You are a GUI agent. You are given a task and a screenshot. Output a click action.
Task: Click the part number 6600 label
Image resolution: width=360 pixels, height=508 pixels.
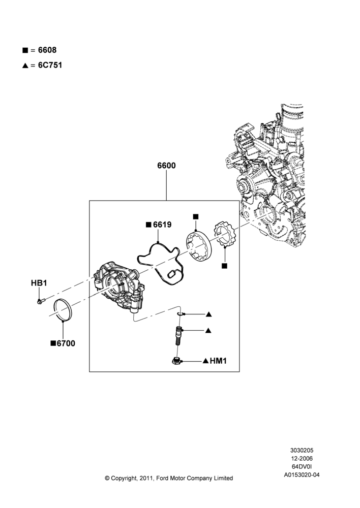coord(166,166)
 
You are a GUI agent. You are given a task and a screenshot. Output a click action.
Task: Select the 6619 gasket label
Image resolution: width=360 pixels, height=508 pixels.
coord(162,225)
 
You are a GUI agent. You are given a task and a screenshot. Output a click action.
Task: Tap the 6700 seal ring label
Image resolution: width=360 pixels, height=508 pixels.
coord(66,343)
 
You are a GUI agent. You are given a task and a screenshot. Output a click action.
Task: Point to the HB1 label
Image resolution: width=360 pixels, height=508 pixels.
coord(39,283)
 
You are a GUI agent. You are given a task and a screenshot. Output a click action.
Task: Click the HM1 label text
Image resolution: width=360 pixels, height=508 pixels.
coord(218,361)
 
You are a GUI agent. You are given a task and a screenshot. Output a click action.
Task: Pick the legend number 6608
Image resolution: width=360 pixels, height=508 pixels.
coord(47,50)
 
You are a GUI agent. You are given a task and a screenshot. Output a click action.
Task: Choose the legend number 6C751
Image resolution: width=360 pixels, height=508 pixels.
coord(50,65)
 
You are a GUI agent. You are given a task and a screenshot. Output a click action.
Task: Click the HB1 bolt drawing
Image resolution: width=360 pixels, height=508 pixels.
coord(41,301)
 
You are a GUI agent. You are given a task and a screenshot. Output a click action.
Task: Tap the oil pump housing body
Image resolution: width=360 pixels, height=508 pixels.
coord(118,286)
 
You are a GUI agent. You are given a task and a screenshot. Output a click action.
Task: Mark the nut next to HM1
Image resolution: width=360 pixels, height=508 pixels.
coord(176,361)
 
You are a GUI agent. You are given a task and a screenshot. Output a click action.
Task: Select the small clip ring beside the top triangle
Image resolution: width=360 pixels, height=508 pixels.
coord(181,313)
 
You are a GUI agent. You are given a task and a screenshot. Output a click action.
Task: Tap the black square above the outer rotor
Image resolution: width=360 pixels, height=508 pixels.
coord(195,217)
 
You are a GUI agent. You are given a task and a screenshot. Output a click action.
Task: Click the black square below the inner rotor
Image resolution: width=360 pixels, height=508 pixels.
coord(224,266)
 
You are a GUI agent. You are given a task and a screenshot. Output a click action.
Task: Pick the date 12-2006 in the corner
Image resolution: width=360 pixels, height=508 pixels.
coord(302,458)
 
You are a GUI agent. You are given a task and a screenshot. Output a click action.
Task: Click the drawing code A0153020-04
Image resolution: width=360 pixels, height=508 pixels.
coord(302,475)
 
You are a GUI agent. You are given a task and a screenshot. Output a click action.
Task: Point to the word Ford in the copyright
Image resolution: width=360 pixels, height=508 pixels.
coord(163,478)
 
